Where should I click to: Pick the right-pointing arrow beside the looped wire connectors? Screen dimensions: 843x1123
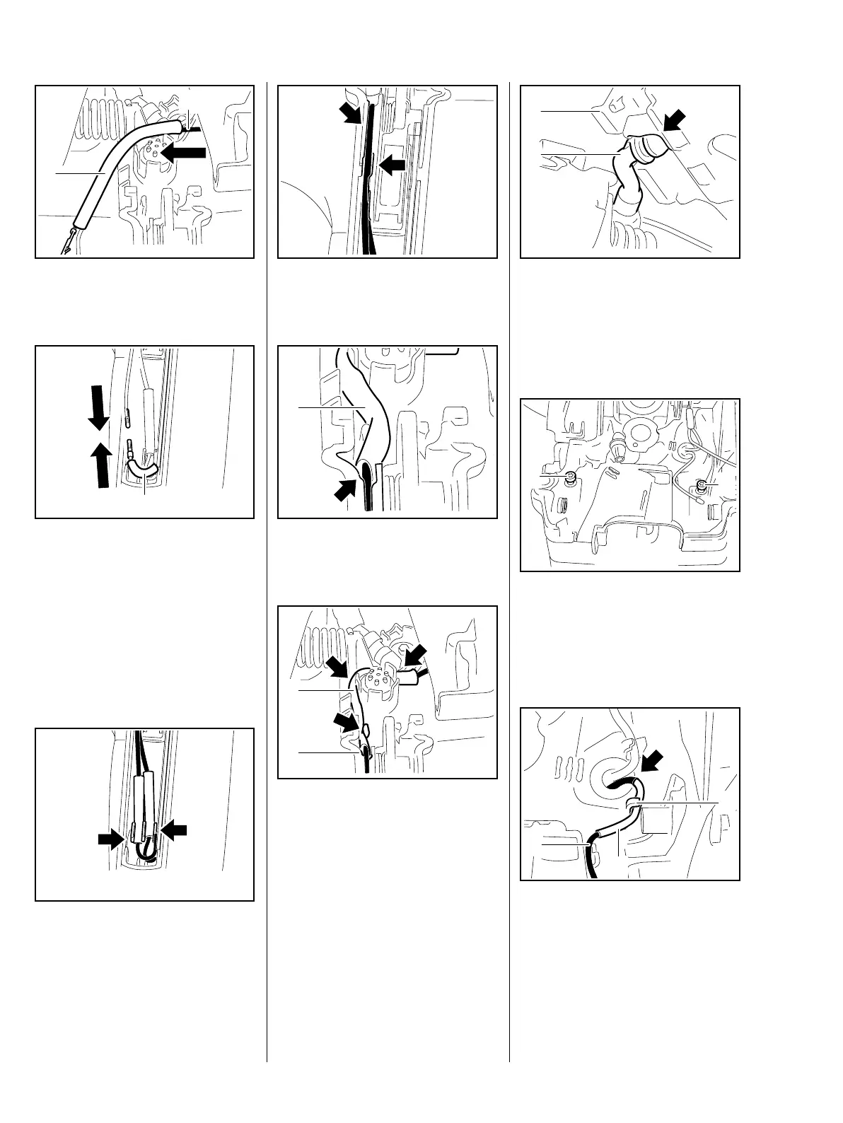point(111,839)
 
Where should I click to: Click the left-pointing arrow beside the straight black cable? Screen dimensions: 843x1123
point(393,164)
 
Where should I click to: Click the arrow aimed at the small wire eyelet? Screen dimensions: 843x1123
point(347,722)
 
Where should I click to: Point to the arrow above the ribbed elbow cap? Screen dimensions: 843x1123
point(677,122)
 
